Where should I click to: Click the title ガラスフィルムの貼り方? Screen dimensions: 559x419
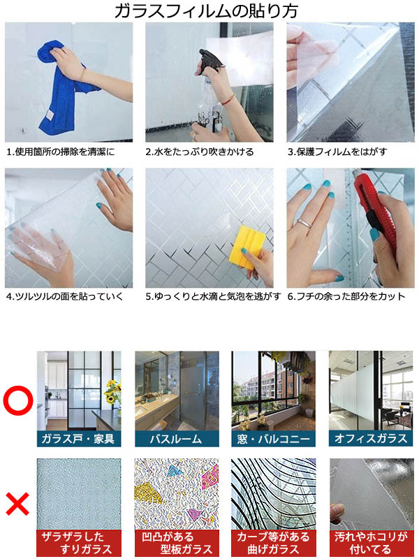tap(209, 10)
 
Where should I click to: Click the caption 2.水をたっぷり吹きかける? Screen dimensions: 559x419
tap(200, 152)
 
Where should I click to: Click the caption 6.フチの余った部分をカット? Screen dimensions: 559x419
tap(346, 296)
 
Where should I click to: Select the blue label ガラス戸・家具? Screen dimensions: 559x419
tap(78, 439)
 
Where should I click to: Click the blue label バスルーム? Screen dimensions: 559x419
tap(176, 439)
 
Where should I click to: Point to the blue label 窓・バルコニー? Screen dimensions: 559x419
tap(273, 439)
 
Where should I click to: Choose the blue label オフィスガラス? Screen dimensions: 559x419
tap(371, 439)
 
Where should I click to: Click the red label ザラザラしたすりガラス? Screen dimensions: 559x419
tap(78, 542)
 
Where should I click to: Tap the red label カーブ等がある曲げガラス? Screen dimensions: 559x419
tap(273, 542)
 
